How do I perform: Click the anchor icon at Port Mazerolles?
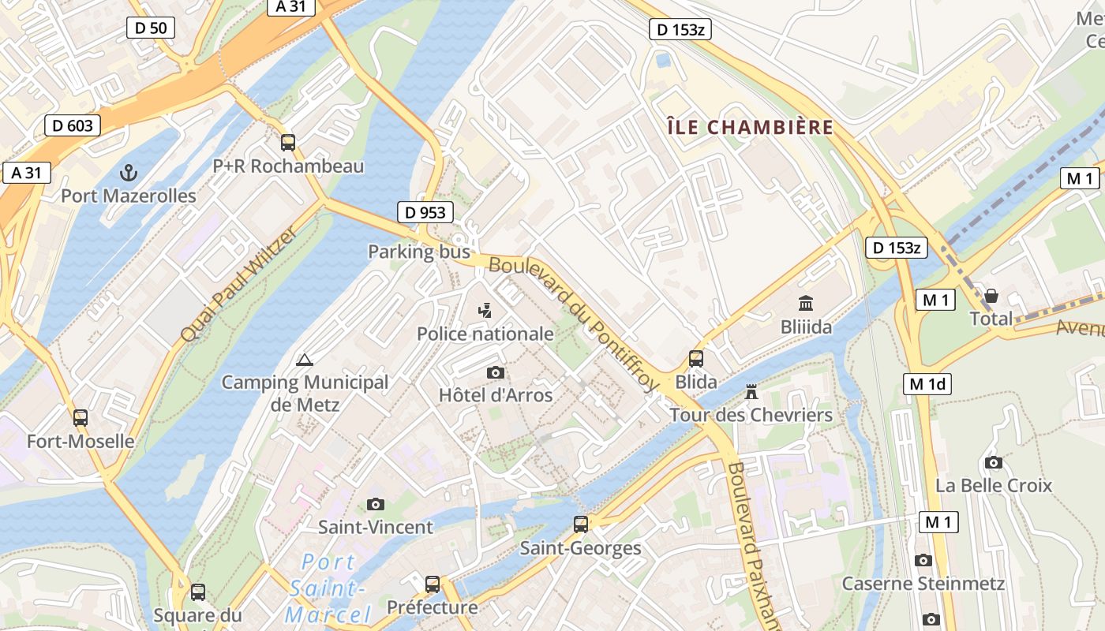click(128, 172)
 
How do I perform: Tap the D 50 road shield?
click(151, 28)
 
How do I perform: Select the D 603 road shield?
click(73, 125)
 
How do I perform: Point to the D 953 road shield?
click(425, 212)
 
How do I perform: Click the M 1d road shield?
click(927, 384)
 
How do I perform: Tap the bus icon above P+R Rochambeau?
click(288, 143)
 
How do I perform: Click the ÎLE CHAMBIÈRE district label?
click(750, 127)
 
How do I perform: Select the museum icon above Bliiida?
click(806, 303)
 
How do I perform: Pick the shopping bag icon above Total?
click(991, 295)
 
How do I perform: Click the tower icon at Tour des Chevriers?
click(751, 391)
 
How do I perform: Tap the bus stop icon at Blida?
click(696, 359)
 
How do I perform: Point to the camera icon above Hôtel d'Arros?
click(496, 372)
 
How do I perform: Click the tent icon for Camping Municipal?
click(304, 360)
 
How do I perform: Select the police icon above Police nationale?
click(485, 311)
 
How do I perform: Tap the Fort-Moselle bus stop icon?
click(81, 418)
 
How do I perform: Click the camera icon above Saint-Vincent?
click(376, 504)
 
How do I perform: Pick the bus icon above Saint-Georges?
click(581, 525)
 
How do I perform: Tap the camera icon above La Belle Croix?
click(994, 462)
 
